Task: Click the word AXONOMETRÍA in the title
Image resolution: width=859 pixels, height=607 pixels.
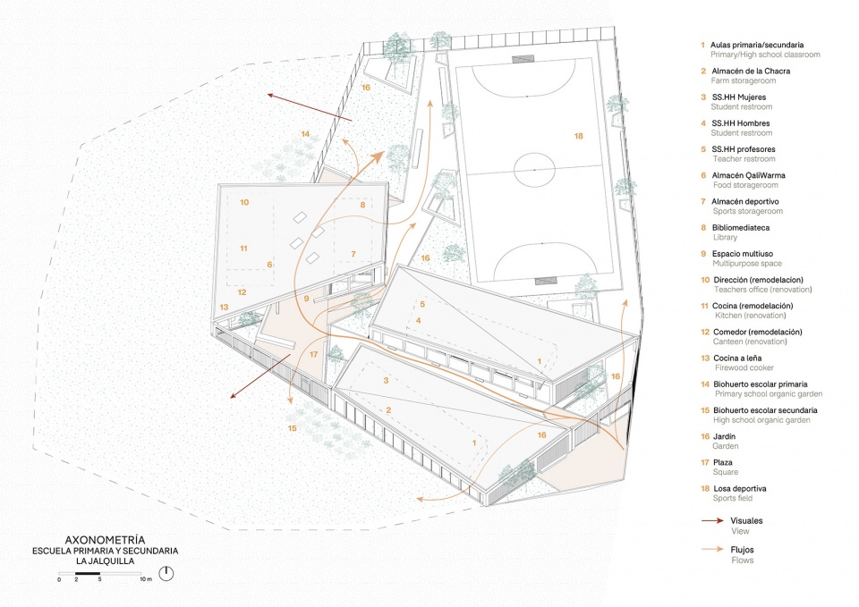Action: pos(106,540)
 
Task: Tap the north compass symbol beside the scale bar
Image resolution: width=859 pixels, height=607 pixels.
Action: pos(166,573)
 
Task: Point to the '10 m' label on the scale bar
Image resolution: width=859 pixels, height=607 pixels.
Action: pos(145,579)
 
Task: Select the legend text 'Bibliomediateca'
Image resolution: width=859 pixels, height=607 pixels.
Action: pos(741,228)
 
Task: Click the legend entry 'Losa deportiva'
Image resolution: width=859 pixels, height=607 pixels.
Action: pos(740,489)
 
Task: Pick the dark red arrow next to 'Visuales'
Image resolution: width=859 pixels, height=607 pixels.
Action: pos(713,521)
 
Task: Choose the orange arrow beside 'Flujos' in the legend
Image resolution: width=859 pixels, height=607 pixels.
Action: pos(713,549)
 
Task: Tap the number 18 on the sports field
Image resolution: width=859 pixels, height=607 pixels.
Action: pos(579,136)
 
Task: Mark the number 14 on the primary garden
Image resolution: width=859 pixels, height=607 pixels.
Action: pos(305,134)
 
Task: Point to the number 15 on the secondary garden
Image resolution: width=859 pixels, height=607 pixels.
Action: pos(292,428)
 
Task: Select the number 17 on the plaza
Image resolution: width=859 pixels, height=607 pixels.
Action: pos(313,355)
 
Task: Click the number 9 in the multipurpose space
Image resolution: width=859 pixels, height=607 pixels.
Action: pos(306,299)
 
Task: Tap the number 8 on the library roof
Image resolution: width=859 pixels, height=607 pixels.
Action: pos(362,206)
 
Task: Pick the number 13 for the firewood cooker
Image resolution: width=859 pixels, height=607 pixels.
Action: pos(224,307)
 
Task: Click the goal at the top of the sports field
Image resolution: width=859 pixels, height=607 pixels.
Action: pos(519,59)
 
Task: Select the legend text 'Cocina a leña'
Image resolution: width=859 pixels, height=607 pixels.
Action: pos(737,358)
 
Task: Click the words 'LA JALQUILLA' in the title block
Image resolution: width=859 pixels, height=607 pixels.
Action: pos(106,561)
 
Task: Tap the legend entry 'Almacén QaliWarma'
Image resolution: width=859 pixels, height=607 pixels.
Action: pos(748,176)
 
